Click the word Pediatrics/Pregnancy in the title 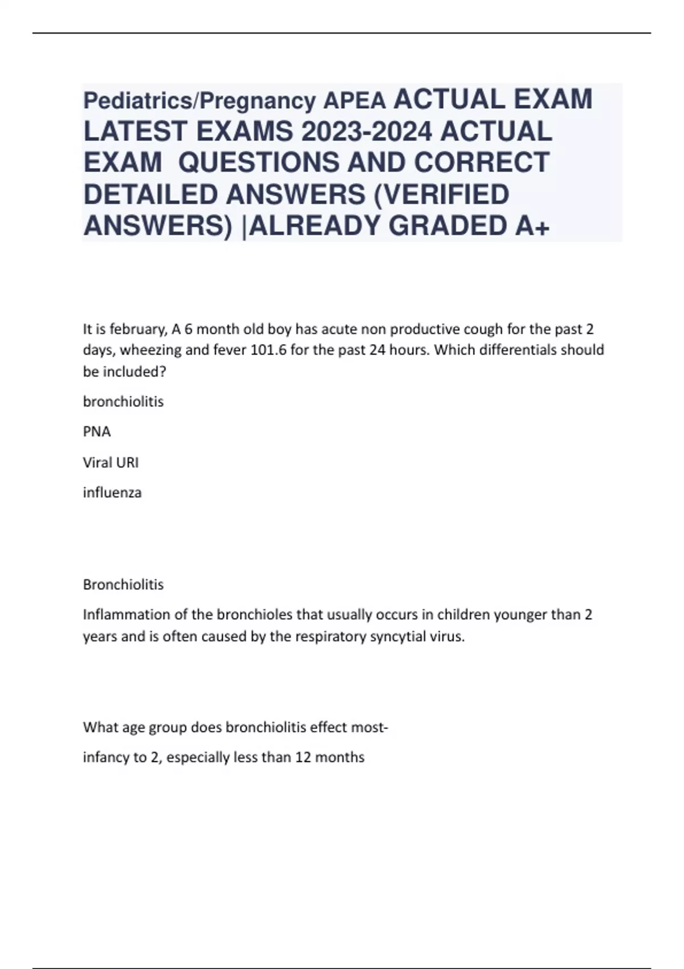click(199, 101)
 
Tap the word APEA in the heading click(355, 101)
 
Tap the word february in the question click(137, 329)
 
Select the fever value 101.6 click(268, 350)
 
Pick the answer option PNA click(97, 431)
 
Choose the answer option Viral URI click(111, 462)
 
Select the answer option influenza click(112, 492)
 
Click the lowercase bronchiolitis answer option click(123, 401)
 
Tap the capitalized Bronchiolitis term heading click(123, 584)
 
